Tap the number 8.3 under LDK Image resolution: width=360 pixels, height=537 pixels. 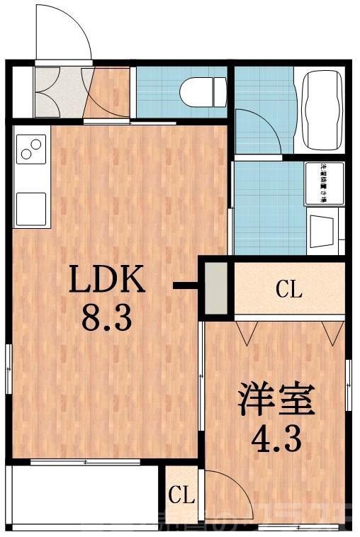point(107,319)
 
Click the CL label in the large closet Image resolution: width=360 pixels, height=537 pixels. point(288,289)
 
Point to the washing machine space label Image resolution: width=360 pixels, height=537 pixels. point(324,183)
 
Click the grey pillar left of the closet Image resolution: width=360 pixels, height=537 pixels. point(217,287)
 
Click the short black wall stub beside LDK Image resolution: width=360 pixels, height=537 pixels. point(186,287)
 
